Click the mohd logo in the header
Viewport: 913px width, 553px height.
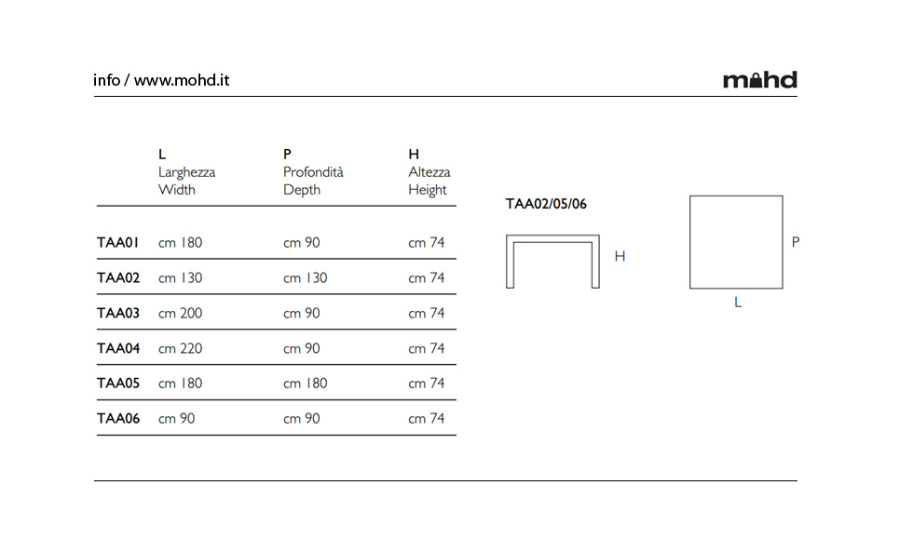760,80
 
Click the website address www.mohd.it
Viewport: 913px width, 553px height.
182,80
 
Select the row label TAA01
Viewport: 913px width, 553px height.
117,243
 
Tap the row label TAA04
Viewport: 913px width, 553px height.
118,348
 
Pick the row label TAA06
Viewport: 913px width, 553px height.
118,419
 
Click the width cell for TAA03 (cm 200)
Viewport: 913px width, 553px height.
180,313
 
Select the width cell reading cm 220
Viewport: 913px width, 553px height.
180,348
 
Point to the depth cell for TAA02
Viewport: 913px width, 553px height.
306,278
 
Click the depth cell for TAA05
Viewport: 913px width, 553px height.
306,383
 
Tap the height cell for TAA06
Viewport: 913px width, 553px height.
427,419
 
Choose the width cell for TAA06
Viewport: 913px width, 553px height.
176,419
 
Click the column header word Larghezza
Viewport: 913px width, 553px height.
186,172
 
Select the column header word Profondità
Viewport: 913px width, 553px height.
313,171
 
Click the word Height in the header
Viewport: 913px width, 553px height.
428,190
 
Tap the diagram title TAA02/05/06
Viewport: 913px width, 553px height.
546,204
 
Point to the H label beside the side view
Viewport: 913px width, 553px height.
620,256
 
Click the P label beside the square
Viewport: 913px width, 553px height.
796,241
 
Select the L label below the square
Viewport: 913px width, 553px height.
738,303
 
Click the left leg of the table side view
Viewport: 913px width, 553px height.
511,262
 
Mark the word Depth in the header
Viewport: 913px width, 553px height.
302,190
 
